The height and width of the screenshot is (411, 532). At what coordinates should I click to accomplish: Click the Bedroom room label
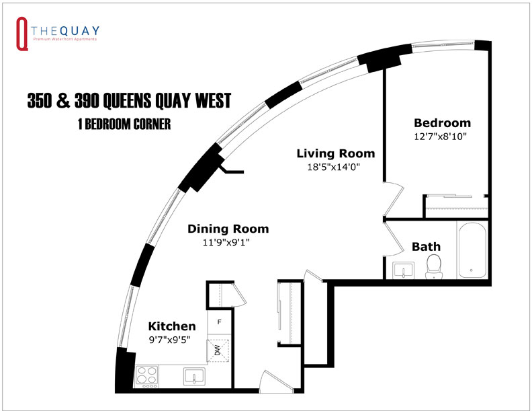(x=442, y=123)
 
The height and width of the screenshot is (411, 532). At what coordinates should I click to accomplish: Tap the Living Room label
(x=336, y=153)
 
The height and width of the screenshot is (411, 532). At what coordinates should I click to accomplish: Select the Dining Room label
(x=228, y=228)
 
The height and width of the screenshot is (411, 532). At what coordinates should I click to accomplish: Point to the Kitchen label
(x=172, y=326)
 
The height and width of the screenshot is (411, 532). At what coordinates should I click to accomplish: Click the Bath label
(x=426, y=246)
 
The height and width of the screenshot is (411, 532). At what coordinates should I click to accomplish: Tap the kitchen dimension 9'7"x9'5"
(x=169, y=339)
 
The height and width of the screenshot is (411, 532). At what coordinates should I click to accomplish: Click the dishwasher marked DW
(x=218, y=349)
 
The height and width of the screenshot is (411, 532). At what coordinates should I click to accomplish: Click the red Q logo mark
(x=21, y=34)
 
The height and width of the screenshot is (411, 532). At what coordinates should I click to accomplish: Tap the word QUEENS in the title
(x=135, y=101)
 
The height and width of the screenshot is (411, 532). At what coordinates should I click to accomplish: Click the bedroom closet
(x=456, y=206)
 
